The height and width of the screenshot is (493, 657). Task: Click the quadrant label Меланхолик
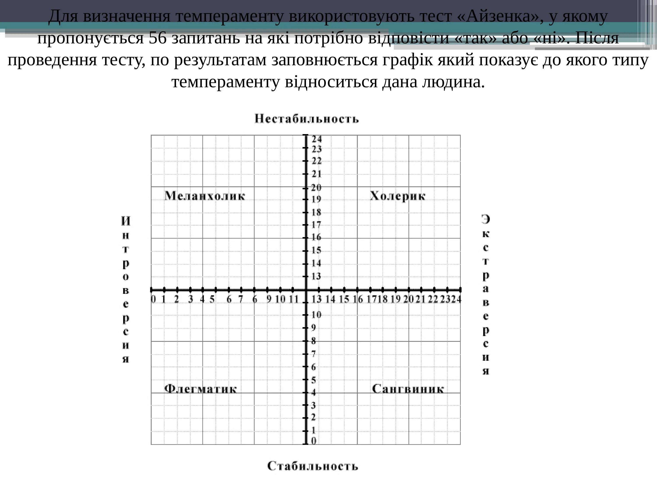click(x=205, y=196)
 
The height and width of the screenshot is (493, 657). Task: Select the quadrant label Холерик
click(x=397, y=196)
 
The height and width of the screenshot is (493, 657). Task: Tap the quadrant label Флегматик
click(x=200, y=388)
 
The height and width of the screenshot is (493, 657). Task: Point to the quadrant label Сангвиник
click(x=408, y=389)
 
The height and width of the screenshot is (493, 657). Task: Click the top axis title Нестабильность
click(x=307, y=119)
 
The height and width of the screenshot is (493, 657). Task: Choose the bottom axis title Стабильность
click(x=313, y=466)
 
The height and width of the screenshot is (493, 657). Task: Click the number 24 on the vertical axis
click(x=317, y=139)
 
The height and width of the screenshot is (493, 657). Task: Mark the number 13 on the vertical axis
click(x=316, y=276)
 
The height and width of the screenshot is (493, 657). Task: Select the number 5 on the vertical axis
click(x=314, y=380)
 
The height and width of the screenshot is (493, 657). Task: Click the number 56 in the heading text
click(x=158, y=38)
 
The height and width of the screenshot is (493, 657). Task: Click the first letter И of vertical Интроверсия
click(x=126, y=221)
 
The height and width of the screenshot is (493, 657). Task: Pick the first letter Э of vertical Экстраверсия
click(x=486, y=219)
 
